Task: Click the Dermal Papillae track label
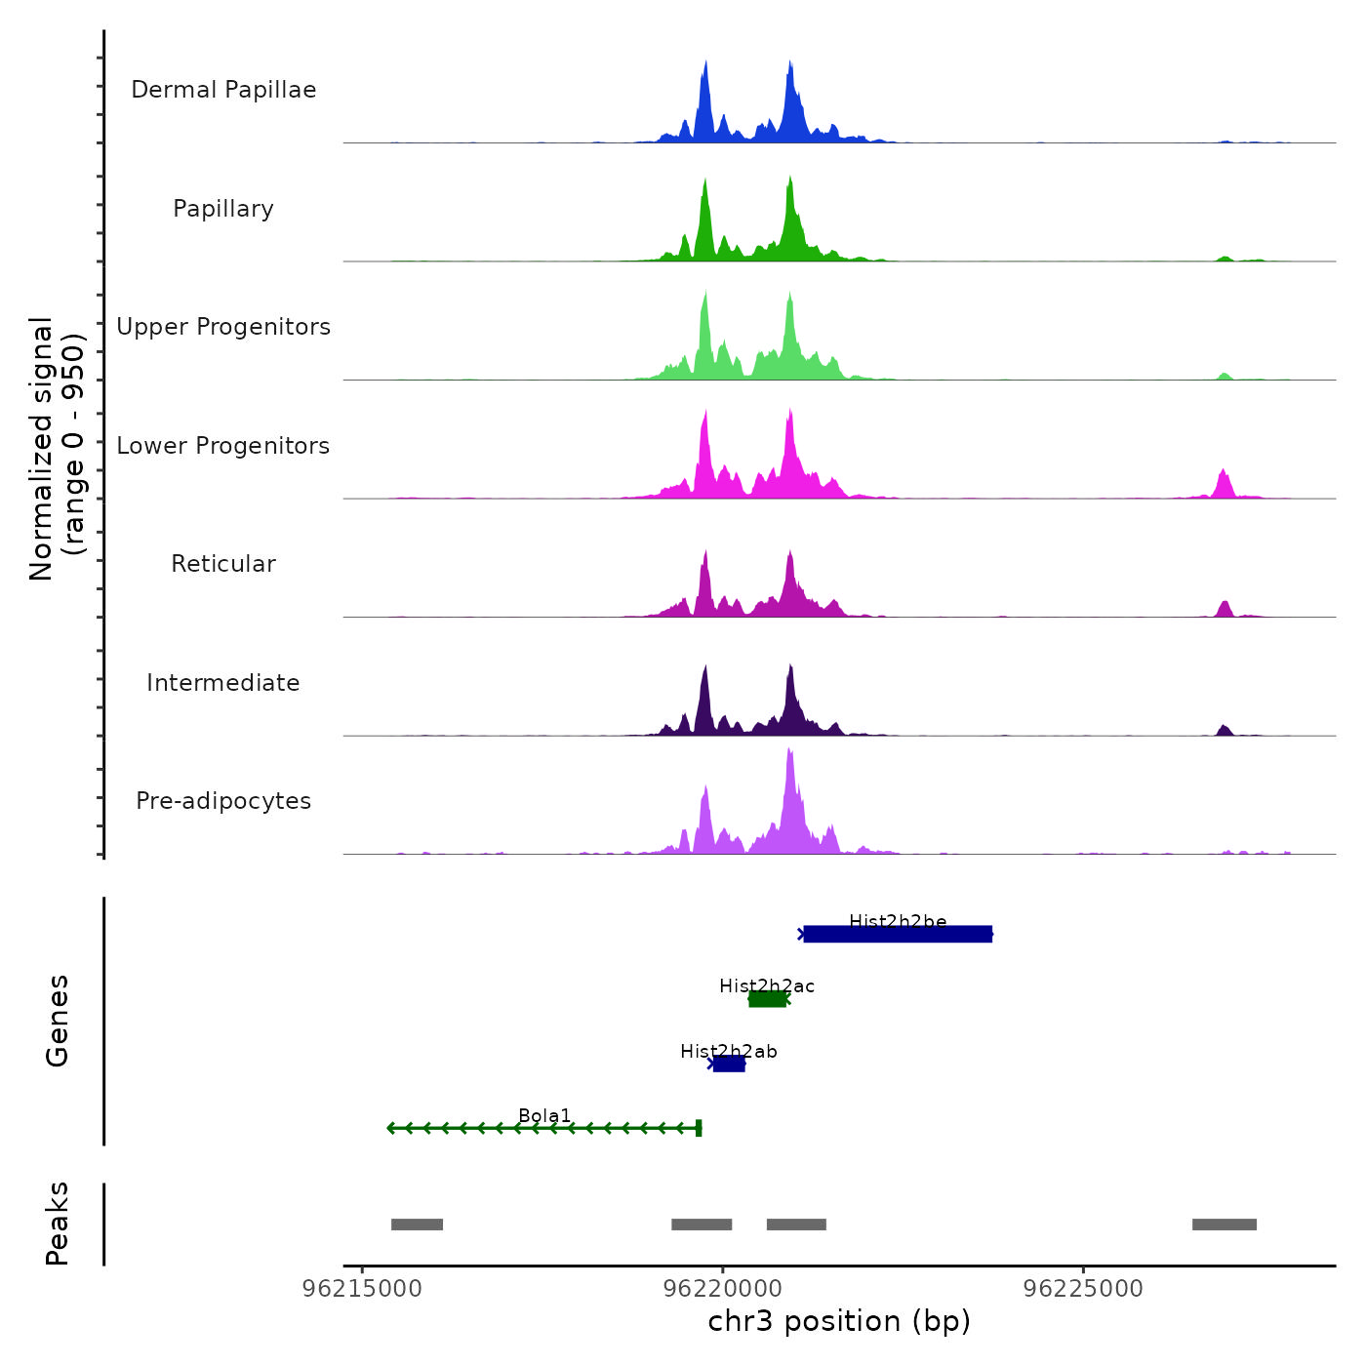tap(223, 90)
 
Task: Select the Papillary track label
tap(223, 209)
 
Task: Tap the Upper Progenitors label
tap(223, 327)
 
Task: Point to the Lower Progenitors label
tap(223, 446)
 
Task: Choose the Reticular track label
tap(223, 564)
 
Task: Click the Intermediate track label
tap(223, 683)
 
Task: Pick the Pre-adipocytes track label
tap(223, 801)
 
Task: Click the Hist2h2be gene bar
tap(898, 935)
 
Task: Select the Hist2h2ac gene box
tap(767, 998)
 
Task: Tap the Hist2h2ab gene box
tap(729, 1064)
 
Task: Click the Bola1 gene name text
tap(544, 1115)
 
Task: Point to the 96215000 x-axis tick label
tap(362, 1289)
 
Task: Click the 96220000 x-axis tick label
tap(723, 1289)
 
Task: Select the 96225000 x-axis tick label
tap(1083, 1289)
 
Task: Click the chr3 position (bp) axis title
tap(839, 1321)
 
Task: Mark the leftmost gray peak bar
tap(417, 1225)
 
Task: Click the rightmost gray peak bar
tap(1225, 1225)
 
